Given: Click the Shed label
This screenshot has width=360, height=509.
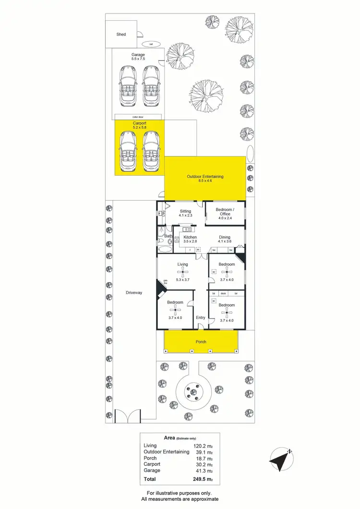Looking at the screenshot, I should (121, 35).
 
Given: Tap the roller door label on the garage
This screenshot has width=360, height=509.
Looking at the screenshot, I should (138, 117).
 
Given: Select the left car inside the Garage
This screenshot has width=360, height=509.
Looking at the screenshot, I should (127, 85).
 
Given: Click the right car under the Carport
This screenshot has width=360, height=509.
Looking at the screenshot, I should (151, 151).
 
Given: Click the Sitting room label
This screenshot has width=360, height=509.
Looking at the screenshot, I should (185, 211).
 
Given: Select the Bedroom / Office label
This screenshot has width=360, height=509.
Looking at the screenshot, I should (225, 212).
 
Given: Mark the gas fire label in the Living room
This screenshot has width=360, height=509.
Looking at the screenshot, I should (165, 283).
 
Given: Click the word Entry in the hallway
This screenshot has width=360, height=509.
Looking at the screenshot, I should (201, 318).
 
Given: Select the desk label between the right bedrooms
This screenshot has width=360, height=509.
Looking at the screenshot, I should (223, 293).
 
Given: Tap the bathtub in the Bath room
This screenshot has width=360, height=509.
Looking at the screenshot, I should (164, 249).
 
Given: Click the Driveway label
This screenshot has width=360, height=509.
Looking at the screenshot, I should (134, 293).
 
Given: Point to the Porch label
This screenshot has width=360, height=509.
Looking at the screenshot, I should (201, 342).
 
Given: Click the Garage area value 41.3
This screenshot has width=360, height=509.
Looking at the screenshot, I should (201, 471).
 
